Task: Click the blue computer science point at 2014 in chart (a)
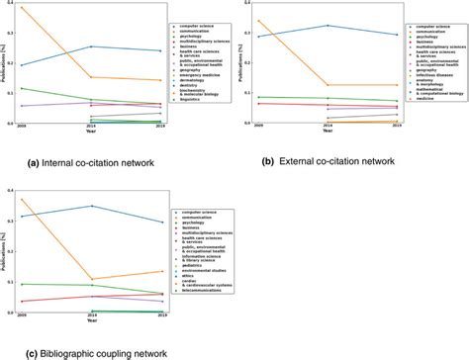coord(91,45)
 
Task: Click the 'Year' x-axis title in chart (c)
coord(91,320)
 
